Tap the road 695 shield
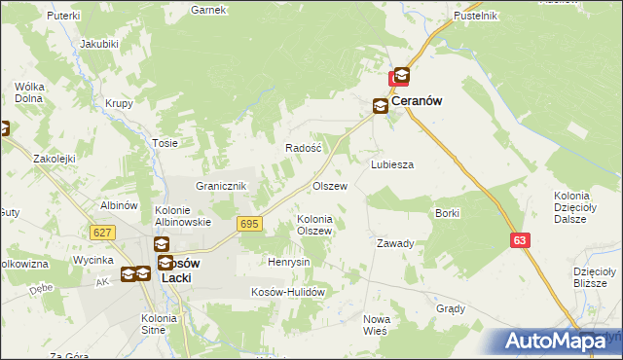[x=249, y=224]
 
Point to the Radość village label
[x=303, y=147]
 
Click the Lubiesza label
[x=392, y=164]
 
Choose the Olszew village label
[x=329, y=185]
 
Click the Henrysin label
[x=289, y=262]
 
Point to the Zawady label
[x=396, y=243]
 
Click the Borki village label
[x=448, y=212]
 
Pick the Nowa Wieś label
[x=376, y=325]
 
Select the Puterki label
[x=62, y=17]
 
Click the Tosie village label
[x=165, y=142]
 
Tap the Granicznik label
[x=224, y=186]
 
